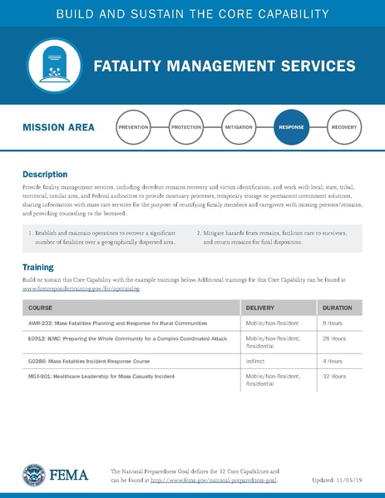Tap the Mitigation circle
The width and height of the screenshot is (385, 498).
coord(239,128)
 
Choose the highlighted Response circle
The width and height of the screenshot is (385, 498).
coord(291,128)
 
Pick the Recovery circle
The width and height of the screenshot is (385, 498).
coord(343,128)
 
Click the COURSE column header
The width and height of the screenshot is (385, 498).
coord(40,308)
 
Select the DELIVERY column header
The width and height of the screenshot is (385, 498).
coord(260,308)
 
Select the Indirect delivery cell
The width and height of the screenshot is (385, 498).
coord(256,362)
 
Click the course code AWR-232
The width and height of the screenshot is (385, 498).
coord(40,321)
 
